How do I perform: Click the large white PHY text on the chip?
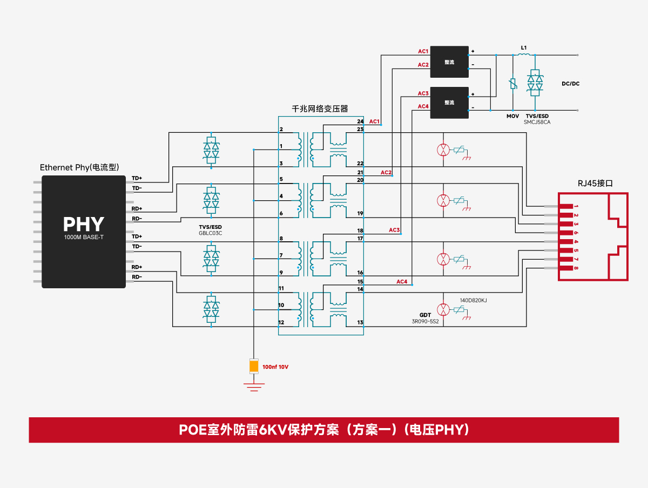[84, 224]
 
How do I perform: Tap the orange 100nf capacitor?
[254, 366]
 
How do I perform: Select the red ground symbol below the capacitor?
[254, 387]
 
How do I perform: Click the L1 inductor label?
[524, 48]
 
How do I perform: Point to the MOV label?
[512, 116]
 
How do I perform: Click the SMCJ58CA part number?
[537, 122]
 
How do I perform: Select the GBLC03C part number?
[210, 233]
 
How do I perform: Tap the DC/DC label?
[570, 84]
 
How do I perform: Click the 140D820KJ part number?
[473, 300]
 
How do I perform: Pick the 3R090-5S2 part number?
[425, 321]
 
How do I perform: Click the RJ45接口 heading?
[595, 183]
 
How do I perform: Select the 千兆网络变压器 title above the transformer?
[320, 109]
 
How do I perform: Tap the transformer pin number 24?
[360, 121]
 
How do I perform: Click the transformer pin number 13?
[360, 322]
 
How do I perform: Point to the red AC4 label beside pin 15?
[402, 281]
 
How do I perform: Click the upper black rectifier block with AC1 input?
[449, 62]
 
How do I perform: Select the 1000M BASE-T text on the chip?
[84, 237]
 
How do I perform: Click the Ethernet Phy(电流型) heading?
[79, 167]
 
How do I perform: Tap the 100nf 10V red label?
[275, 367]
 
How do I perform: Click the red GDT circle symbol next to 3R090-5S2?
[443, 309]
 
